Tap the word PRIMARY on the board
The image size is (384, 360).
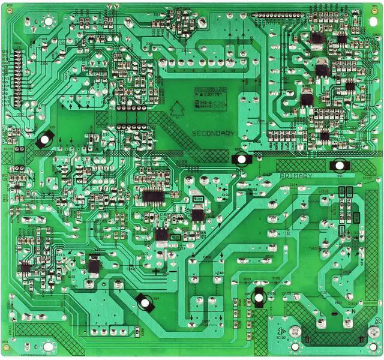(296, 175)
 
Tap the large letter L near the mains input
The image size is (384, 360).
(323, 313)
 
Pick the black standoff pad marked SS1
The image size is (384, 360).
(339, 164)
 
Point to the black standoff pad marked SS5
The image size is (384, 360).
(259, 296)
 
